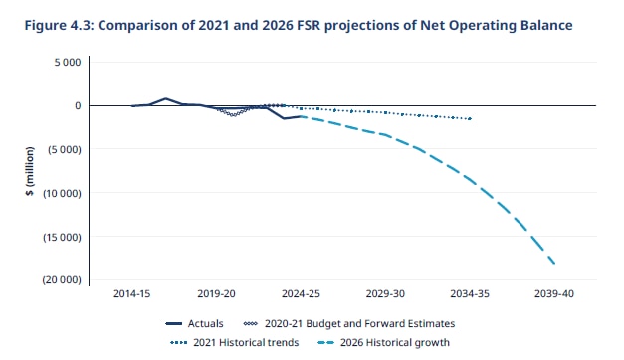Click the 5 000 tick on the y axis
(x=68, y=62)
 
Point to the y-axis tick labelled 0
(x=77, y=105)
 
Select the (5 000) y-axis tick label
(x=64, y=149)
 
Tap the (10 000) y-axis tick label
(x=61, y=193)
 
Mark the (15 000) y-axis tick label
(x=61, y=237)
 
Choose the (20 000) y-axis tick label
(x=61, y=280)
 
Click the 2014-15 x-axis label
(x=131, y=295)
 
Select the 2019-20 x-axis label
(x=216, y=295)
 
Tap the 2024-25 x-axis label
(x=301, y=295)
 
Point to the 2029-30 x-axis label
(x=385, y=295)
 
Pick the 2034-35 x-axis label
(x=470, y=295)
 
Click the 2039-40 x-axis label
(x=554, y=295)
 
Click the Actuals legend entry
(x=204, y=323)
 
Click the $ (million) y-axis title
(x=31, y=170)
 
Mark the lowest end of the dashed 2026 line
(x=554, y=263)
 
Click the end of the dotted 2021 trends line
(x=470, y=118)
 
